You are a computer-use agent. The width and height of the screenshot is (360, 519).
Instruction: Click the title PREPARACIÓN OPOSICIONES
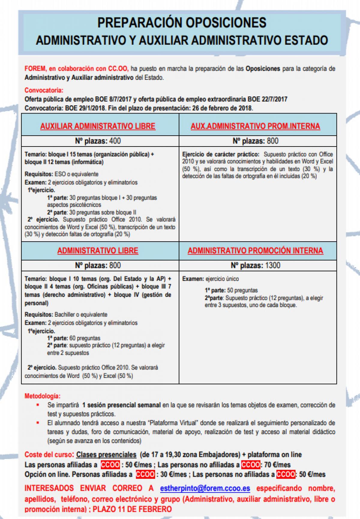pos(181,23)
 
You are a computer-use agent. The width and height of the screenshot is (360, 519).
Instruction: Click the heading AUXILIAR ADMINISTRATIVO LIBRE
pos(98,126)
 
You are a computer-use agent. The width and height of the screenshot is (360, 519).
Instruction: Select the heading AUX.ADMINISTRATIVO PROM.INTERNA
pos(255,126)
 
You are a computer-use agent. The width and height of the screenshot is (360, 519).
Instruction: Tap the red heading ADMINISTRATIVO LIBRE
pos(98,251)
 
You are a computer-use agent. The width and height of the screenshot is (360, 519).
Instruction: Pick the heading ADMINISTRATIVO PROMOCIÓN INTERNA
pos(255,251)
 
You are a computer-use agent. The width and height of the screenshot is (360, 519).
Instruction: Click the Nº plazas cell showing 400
pos(98,141)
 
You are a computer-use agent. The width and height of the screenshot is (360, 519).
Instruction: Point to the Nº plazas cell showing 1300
pos(255,265)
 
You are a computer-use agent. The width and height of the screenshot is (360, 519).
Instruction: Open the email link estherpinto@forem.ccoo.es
pos(205,488)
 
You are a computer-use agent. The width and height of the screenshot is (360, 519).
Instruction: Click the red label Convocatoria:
pos(44,90)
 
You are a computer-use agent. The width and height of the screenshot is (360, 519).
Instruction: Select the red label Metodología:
pos(42,396)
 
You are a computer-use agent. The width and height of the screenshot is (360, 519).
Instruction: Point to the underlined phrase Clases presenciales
pos(106,454)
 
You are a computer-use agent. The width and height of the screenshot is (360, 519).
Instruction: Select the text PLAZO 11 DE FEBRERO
pos(132,509)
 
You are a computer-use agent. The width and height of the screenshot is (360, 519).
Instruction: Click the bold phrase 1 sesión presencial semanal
pos(121,405)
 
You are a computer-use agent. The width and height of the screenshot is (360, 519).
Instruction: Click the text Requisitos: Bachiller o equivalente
pos(66,315)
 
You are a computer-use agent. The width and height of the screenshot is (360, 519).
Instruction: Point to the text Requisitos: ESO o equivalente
pos(61,174)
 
